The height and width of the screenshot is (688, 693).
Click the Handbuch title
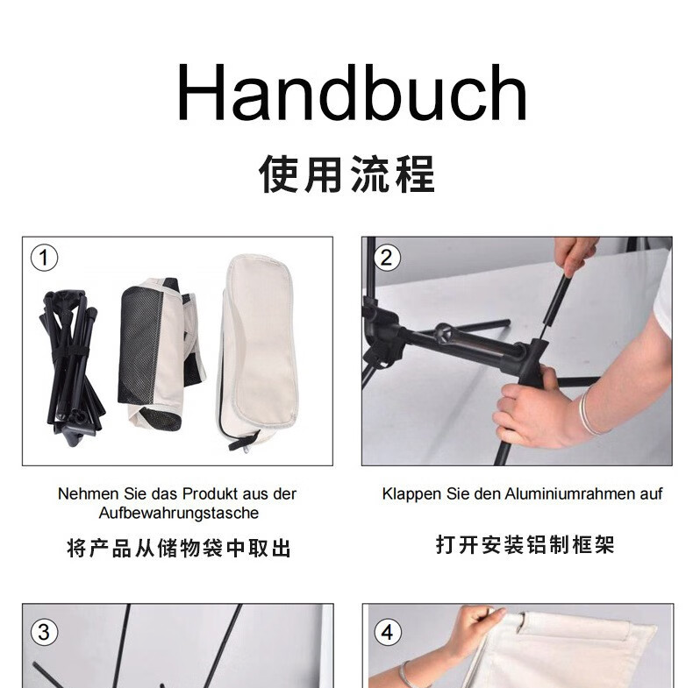pyautogui.click(x=352, y=92)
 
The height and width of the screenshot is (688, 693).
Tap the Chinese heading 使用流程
pyautogui.click(x=347, y=174)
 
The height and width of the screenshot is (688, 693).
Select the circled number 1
pyautogui.click(x=44, y=258)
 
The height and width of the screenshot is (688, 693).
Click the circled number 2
pyautogui.click(x=386, y=258)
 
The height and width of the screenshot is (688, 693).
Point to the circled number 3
pyautogui.click(x=44, y=632)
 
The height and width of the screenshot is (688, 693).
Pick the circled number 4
pyautogui.click(x=388, y=632)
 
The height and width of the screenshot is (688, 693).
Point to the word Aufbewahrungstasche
pyautogui.click(x=179, y=513)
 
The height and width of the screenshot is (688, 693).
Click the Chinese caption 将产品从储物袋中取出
pyautogui.click(x=179, y=548)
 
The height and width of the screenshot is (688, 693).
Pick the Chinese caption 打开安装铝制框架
pyautogui.click(x=525, y=544)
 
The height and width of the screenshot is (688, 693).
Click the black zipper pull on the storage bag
pyautogui.click(x=242, y=440)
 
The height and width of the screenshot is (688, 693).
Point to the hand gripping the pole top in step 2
pyautogui.click(x=575, y=256)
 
